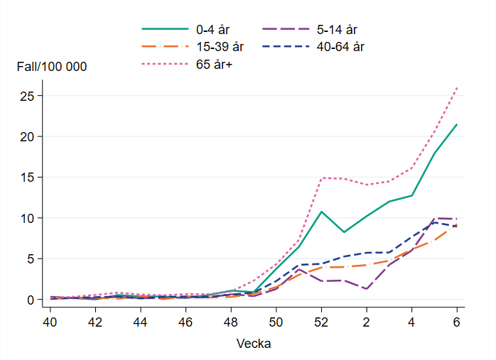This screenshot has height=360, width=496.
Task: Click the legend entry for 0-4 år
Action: (212, 29)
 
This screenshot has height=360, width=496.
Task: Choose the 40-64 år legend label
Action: (345, 47)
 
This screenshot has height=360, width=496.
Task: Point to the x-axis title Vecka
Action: (253, 344)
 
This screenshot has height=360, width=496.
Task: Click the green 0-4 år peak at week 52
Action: (321, 212)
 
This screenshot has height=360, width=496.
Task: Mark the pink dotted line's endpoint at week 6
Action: (457, 87)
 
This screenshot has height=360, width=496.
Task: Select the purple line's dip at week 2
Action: (367, 289)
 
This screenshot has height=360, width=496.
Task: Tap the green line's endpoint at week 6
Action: (457, 124)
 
